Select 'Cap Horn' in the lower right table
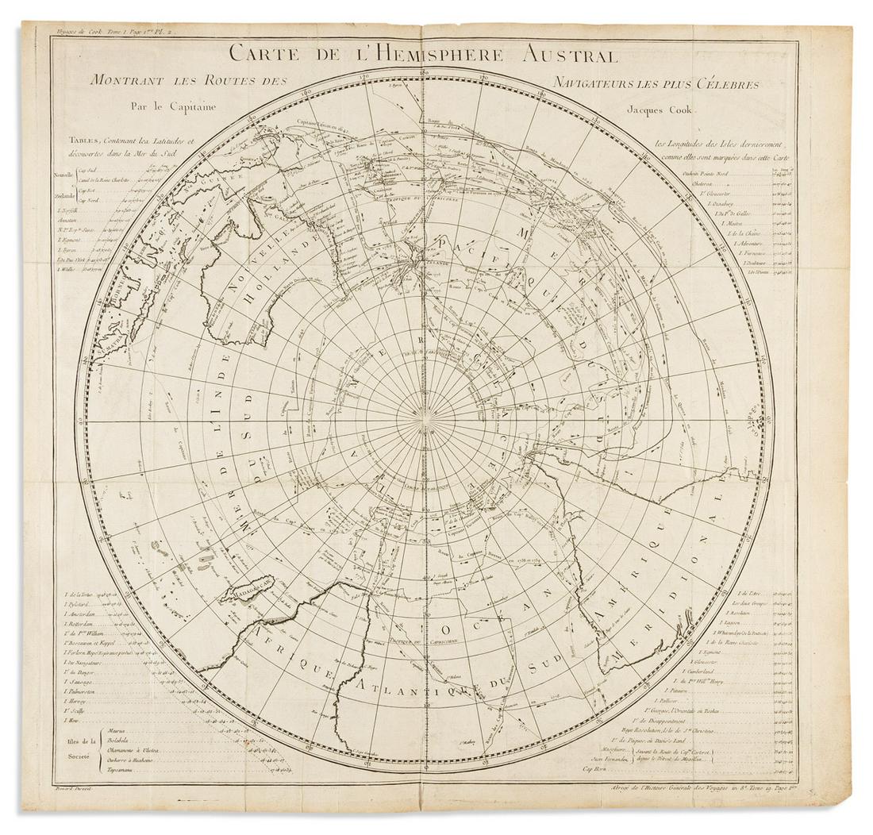pos(598,769)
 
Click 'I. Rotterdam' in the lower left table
pos(81,625)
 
